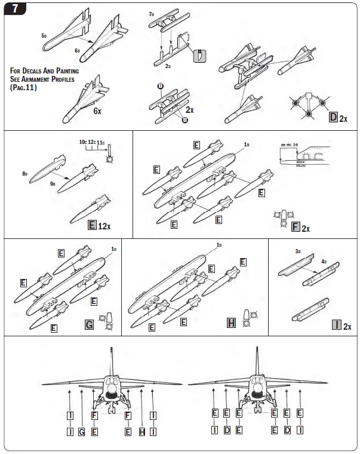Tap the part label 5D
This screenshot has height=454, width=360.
[44, 36]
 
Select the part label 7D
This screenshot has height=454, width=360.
[152, 13]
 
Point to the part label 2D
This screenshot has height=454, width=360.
[170, 65]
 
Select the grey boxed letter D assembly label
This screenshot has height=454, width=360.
[333, 116]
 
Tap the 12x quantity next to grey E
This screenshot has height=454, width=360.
[106, 226]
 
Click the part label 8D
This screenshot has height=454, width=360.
[25, 173]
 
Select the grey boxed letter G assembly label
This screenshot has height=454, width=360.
[88, 325]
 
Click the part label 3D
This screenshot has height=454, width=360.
[298, 251]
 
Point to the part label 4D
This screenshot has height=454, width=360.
[325, 260]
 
